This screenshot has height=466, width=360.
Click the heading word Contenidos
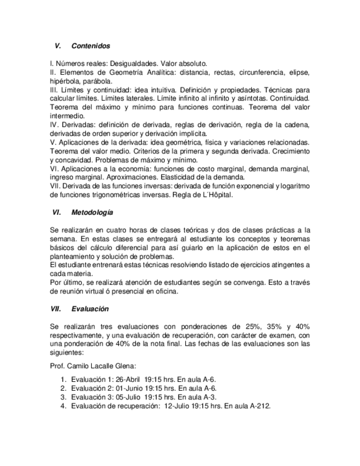pos(91,46)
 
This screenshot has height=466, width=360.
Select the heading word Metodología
pos(92,212)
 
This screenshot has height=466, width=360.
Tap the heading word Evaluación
pos(90,309)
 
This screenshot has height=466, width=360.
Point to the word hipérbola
pos(65,81)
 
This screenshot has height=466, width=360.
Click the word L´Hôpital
pos(215,195)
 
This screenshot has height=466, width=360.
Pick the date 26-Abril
pos(127,379)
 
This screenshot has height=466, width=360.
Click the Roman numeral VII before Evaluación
pos(56,309)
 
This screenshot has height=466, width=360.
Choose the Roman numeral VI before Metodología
pos(56,212)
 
